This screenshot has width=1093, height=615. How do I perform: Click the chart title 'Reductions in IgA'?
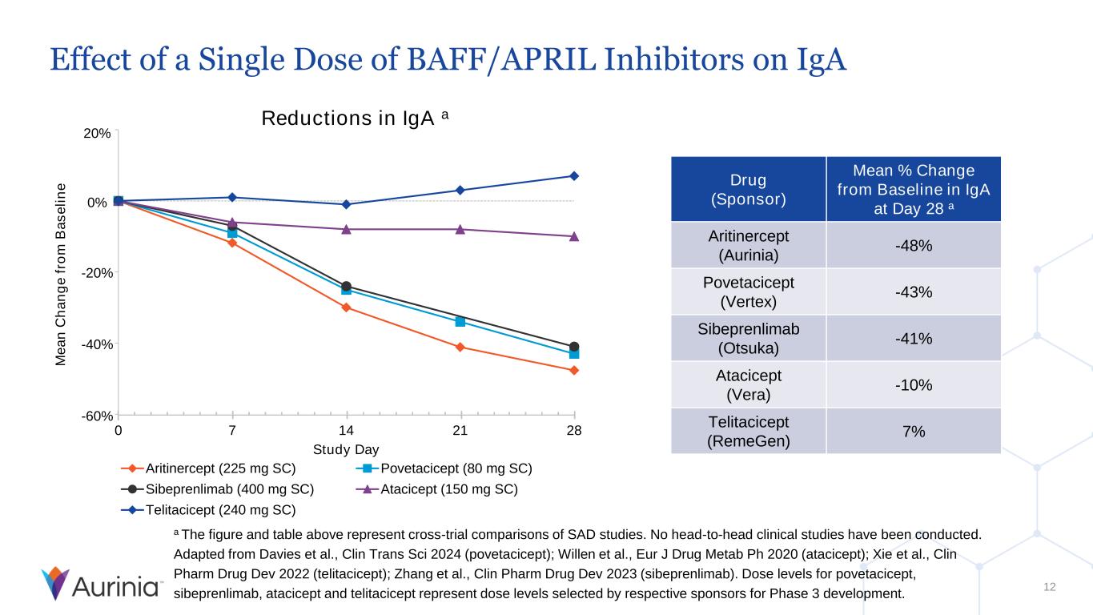tap(349, 119)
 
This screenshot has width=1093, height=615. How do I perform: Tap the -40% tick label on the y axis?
tap(98, 344)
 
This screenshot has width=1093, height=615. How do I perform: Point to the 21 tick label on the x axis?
tap(460, 431)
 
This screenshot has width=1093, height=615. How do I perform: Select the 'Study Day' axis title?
tap(346, 448)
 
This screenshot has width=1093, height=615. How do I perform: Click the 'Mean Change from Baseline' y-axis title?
tap(62, 274)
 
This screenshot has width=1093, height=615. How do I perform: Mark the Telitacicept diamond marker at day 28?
tap(574, 176)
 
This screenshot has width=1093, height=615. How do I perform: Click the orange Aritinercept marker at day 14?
tap(346, 307)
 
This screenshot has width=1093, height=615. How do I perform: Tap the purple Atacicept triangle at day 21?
tap(460, 229)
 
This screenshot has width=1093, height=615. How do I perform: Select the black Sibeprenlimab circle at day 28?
tap(574, 347)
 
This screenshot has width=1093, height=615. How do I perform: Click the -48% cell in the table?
tap(913, 245)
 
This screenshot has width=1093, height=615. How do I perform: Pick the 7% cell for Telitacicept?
tap(913, 431)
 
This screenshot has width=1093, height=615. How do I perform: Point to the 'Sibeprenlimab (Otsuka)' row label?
tap(748, 338)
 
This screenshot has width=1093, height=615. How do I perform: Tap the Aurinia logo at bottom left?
tap(102, 584)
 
